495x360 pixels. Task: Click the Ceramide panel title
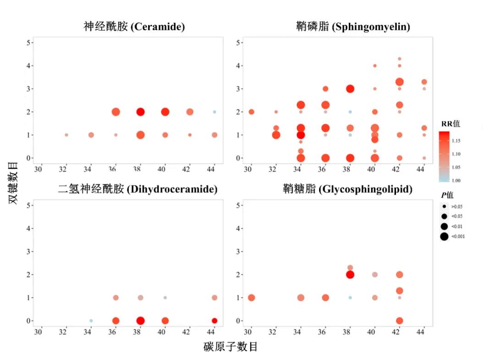coord(134,27)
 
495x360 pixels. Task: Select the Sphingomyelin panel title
coord(353,27)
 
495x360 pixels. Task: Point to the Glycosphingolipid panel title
coord(347,189)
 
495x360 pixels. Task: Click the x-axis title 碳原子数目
coord(231,347)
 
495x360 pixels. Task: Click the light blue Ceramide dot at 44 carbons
coord(214,112)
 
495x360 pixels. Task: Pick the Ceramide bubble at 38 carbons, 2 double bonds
coord(140,112)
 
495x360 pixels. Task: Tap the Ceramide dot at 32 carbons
coord(66,135)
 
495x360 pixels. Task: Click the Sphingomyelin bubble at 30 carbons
coord(251,112)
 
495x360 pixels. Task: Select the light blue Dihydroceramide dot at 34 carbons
coord(91,321)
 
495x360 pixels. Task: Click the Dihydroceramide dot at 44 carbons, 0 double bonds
coord(214,321)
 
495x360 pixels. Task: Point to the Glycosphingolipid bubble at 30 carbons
coord(251,298)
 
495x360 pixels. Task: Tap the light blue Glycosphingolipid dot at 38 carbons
coord(350,298)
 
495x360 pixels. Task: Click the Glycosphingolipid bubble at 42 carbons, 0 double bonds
coord(400,321)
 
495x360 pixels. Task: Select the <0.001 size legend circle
coord(444,237)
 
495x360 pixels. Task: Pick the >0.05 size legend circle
coord(444,207)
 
